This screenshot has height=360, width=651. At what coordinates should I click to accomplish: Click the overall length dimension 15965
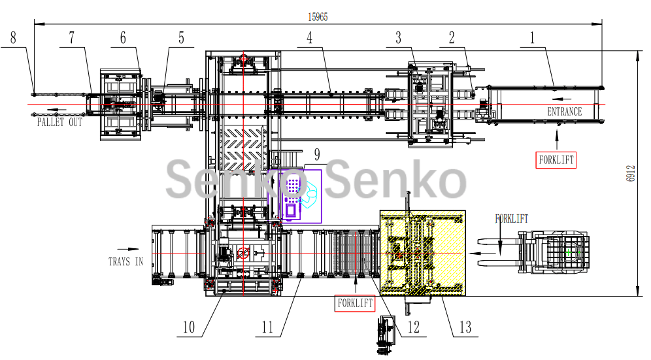[x=318, y=18]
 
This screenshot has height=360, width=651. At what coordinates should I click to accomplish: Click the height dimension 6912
[x=631, y=173]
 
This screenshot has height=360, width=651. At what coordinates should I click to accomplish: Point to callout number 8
[x=14, y=38]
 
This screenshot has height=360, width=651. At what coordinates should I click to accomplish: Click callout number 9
[x=317, y=155]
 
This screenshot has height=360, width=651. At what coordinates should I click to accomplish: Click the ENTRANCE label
[x=564, y=112]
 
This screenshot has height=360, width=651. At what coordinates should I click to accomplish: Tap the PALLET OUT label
[x=59, y=122]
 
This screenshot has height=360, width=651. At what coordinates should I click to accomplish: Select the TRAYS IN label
[x=125, y=262]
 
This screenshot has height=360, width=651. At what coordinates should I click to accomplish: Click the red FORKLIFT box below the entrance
[x=556, y=159]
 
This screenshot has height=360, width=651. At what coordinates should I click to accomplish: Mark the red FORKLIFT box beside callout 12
[x=355, y=303]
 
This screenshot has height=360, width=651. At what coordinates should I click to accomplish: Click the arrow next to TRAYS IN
[x=129, y=249]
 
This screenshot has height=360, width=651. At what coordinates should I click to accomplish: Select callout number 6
[x=122, y=38]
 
